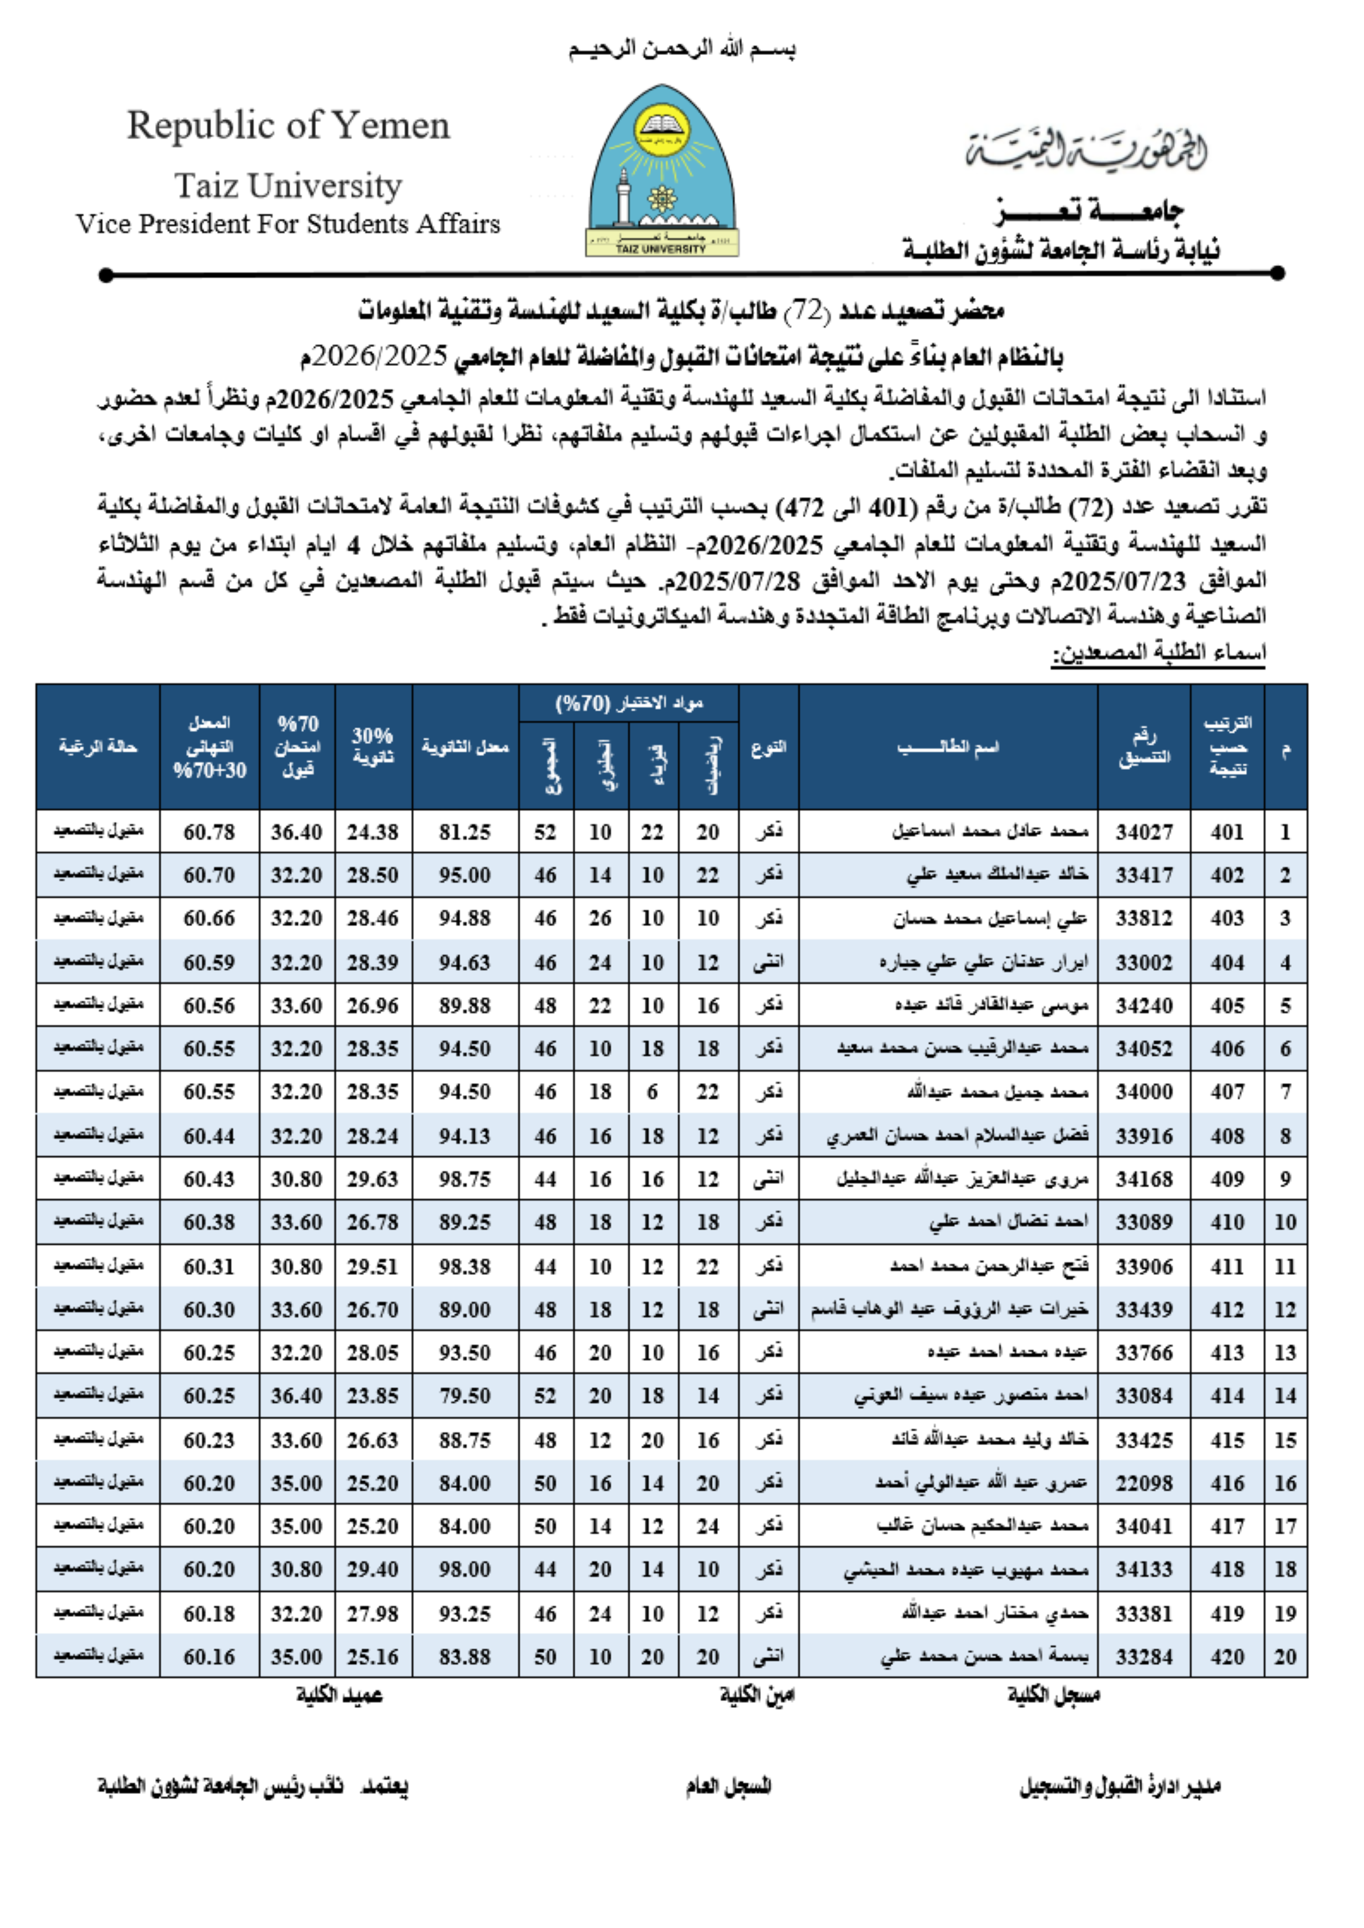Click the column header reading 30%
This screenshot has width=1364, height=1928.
pyautogui.click(x=373, y=746)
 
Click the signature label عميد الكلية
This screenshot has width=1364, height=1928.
pyautogui.click(x=339, y=1695)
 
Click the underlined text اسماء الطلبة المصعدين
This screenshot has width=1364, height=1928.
pyautogui.click(x=1158, y=653)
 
